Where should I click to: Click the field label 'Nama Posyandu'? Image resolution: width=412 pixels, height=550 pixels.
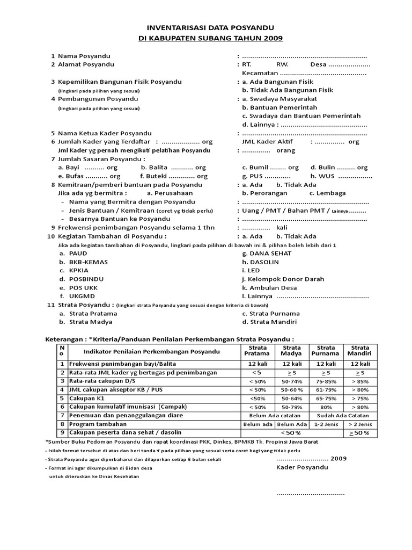pos(82,56)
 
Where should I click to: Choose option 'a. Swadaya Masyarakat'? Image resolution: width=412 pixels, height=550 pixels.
pos(279,99)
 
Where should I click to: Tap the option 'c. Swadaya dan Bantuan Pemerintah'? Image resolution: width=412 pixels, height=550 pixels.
pos(301,115)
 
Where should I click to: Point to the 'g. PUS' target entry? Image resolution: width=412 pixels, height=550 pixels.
pos(266,176)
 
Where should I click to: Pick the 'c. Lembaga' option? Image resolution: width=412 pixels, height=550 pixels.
pos(327,193)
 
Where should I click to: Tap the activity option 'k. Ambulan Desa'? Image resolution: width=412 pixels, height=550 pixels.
pos(269,288)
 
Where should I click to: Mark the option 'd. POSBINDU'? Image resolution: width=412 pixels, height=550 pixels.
pos(82,279)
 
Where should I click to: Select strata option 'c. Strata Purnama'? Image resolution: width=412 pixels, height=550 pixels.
pos(270,314)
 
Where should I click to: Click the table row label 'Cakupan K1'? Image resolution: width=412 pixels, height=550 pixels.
pos(87,399)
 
